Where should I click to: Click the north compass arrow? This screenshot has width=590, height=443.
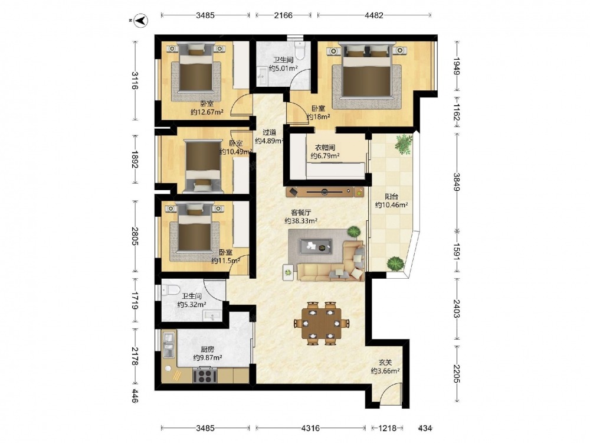click(142, 20)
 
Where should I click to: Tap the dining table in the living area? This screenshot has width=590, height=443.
click(321, 323)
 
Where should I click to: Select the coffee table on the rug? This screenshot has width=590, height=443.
click(315, 246)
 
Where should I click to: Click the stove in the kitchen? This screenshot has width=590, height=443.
click(205, 376)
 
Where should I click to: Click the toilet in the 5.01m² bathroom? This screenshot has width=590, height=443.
click(300, 51)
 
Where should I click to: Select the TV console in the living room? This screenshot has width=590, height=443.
click(324, 192)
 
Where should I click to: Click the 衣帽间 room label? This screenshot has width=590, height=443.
click(324, 147)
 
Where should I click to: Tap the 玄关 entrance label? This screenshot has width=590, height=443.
click(385, 363)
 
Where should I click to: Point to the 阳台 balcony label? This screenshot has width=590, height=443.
click(391, 196)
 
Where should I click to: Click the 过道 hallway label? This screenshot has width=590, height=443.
click(269, 132)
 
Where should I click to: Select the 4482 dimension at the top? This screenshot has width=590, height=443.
click(374, 15)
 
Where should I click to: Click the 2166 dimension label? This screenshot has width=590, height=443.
click(283, 15)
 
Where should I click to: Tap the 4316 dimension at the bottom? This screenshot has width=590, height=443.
click(310, 428)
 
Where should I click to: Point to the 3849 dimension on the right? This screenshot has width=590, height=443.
click(457, 182)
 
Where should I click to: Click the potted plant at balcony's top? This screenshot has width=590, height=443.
click(404, 144)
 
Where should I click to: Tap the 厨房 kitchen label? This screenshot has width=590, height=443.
click(207, 349)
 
